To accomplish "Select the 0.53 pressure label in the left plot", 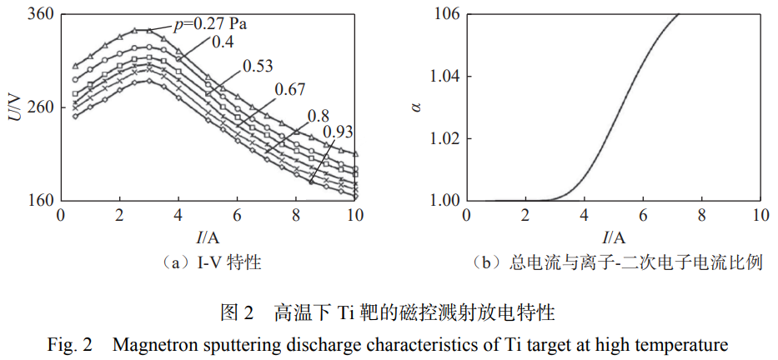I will pos(258,65).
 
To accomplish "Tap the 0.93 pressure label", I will pos(338,130).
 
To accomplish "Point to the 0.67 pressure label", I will pos(289,89).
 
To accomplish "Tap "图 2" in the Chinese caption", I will pos(236,314).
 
